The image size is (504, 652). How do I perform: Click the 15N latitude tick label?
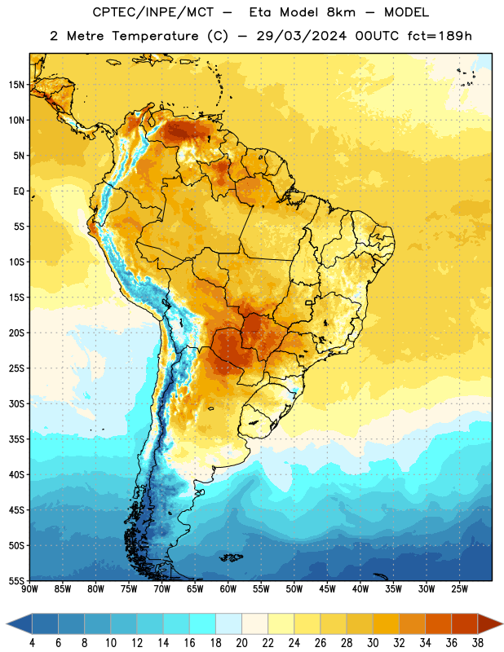coord(16,85)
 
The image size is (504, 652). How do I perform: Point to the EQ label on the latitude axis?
coord(19,192)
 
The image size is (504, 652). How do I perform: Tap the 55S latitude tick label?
coord(16,580)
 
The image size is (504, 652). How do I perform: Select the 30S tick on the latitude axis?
coord(16,403)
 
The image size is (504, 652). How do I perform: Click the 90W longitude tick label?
coord(29,589)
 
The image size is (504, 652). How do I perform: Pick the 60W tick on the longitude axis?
coord(228,589)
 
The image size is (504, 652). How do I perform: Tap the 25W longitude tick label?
coord(459,589)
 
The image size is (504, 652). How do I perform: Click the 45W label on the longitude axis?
coord(327,589)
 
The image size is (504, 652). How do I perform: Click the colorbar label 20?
coord(241,643)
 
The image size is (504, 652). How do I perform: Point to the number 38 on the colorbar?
coord(478,643)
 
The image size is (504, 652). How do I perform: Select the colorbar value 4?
coord(32,643)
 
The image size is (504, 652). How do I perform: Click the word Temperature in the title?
coord(155,36)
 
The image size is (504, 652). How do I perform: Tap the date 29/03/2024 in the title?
coord(301,36)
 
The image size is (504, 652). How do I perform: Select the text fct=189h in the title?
coord(440,36)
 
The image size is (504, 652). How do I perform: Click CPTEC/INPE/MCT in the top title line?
coord(153,12)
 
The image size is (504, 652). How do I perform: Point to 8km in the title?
coord(341,12)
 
